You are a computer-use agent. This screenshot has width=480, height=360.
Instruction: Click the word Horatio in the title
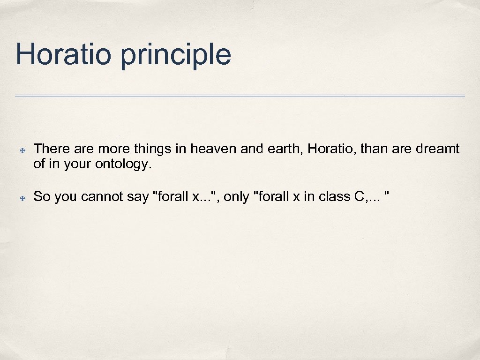(x=63, y=54)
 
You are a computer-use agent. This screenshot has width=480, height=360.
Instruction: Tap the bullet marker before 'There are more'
(x=22, y=150)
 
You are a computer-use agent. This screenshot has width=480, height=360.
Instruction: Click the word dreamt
(x=438, y=149)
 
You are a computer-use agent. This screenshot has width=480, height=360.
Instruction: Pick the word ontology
(x=123, y=165)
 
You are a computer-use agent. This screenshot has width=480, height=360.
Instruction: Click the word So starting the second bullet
(x=42, y=197)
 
